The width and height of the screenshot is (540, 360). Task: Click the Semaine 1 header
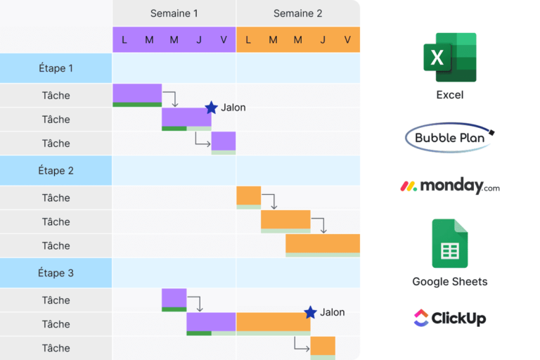point(174,13)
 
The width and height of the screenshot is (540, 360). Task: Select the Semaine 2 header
point(297,13)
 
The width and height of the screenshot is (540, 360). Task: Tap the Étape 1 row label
point(56,68)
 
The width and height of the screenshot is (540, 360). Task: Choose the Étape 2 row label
point(56,170)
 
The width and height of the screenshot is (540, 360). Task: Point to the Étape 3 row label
point(56,273)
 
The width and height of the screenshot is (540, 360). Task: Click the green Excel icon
point(450,58)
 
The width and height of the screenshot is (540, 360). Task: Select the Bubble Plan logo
point(450,138)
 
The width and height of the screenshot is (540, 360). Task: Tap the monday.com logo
point(450,186)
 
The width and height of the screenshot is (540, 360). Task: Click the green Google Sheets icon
point(450,243)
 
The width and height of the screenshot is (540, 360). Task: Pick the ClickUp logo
point(450,318)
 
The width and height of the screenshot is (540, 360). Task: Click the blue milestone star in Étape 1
point(211,108)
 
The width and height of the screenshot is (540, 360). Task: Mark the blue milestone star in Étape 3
point(310,312)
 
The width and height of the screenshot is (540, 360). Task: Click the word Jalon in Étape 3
point(333,312)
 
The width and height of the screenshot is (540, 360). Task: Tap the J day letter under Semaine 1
point(199,40)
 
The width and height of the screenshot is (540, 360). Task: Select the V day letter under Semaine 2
point(347,40)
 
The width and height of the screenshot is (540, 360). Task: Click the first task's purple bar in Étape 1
point(137,93)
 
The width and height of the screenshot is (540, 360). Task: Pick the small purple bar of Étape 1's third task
point(224,141)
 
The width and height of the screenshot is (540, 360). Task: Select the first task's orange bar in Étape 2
point(248,195)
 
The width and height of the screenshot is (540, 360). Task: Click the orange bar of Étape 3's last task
point(323,345)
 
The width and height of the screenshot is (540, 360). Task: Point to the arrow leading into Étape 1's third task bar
point(202,142)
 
